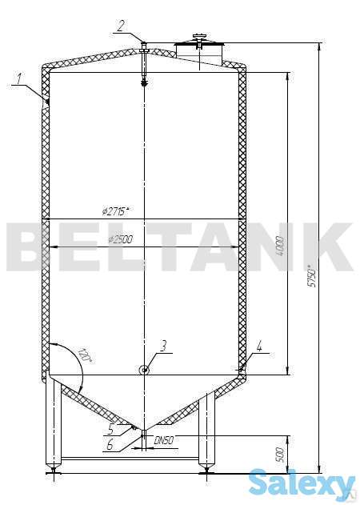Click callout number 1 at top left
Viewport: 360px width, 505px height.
coord(18,78)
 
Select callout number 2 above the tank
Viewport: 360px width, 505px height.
coord(121,26)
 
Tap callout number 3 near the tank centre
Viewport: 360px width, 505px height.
coord(162,346)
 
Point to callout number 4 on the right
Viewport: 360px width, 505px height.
coord(259,347)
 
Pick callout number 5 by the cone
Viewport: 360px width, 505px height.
coord(110,428)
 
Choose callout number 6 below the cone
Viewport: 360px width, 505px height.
coord(110,446)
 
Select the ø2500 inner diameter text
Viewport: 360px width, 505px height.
coord(119,239)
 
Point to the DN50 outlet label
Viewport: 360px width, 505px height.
coord(164,441)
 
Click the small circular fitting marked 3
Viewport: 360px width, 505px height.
coord(144,370)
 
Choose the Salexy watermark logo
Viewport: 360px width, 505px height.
coord(302,483)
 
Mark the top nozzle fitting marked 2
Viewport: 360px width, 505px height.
coord(144,50)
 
